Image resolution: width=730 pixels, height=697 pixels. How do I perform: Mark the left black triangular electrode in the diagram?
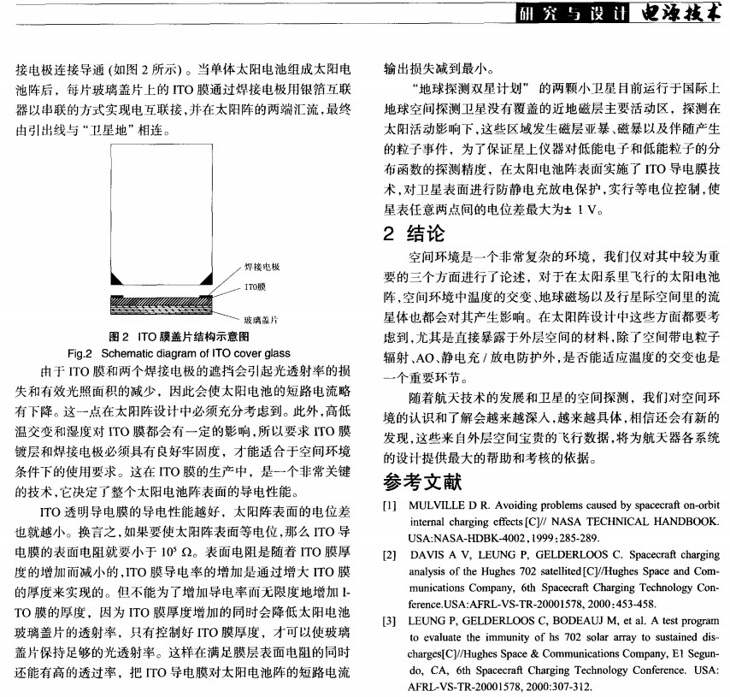pyautogui.click(x=118, y=279)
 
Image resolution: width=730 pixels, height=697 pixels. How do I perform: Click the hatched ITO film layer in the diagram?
pyautogui.click(x=162, y=300)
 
